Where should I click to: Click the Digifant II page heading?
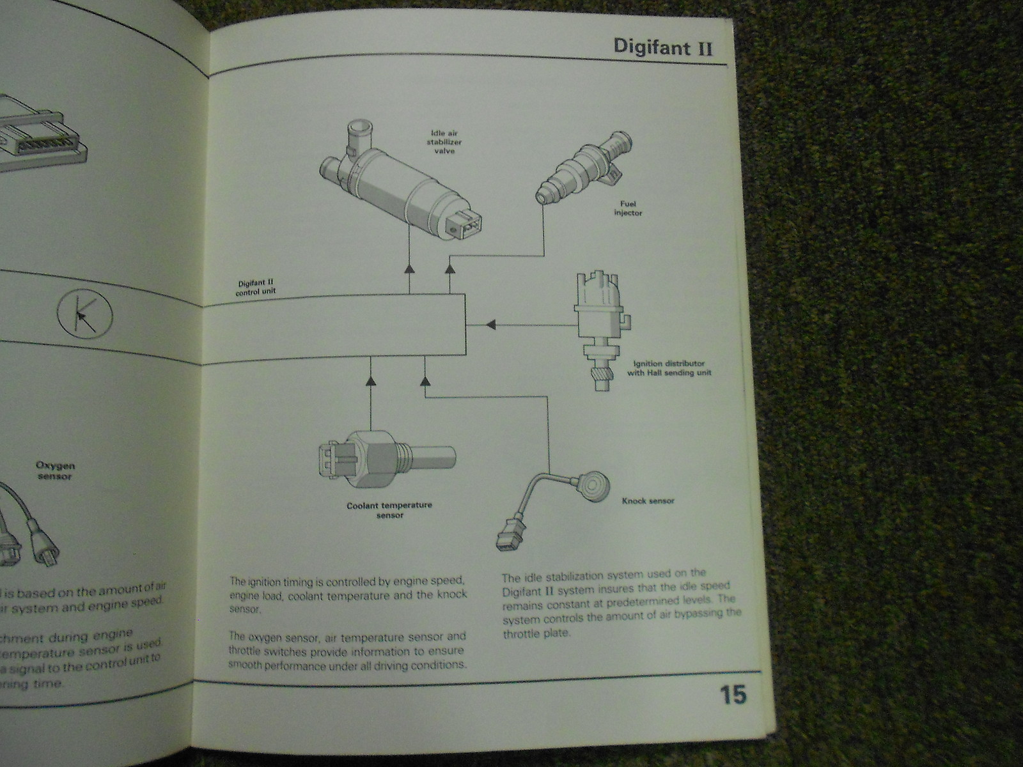662,47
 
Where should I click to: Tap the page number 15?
733,695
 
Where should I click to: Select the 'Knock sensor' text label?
648,501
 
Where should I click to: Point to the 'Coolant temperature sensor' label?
389,509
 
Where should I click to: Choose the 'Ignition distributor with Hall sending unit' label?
669,368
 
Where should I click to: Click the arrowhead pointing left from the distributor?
490,325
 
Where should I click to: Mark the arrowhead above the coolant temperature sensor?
370,382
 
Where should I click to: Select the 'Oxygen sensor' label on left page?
53,471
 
